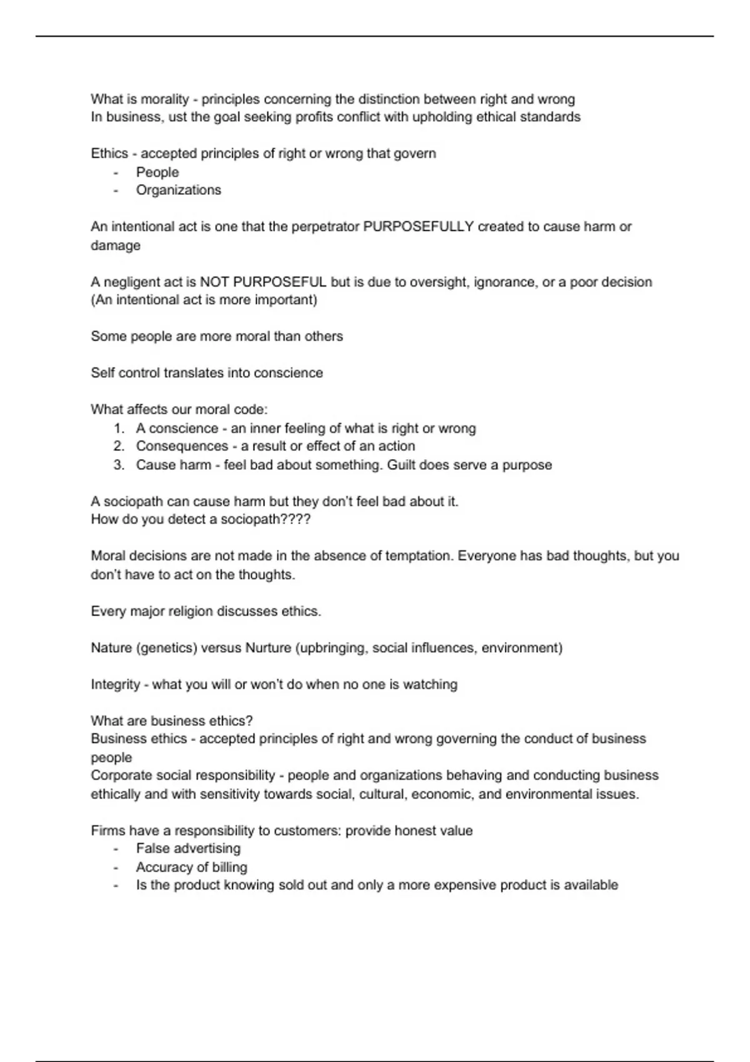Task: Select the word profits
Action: [x=314, y=117]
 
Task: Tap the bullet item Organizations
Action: [x=178, y=190]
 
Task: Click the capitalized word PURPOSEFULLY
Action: [x=418, y=227]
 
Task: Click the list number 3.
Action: [x=119, y=465]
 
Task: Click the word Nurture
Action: [x=268, y=648]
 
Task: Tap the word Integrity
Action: [x=116, y=685]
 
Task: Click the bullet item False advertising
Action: [x=188, y=848]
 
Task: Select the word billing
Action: [x=229, y=867]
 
